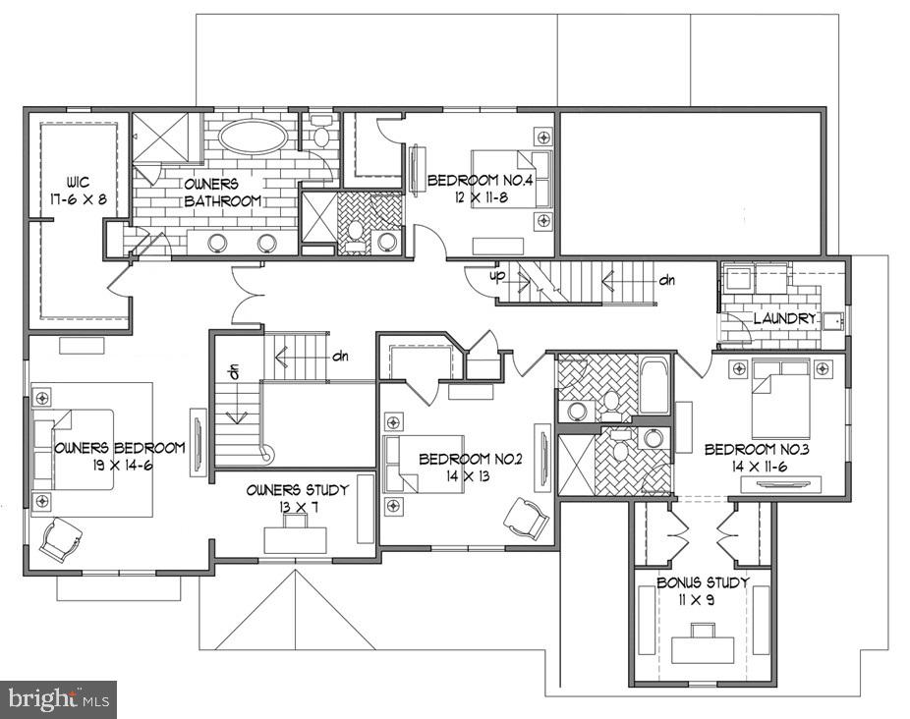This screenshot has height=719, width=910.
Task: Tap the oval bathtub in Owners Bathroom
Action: (x=253, y=137)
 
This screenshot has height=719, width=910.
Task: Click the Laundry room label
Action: (x=784, y=319)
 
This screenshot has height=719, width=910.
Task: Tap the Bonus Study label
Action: (x=703, y=582)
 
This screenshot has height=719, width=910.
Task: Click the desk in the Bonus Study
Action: (x=703, y=648)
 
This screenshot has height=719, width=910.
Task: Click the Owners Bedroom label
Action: (x=120, y=448)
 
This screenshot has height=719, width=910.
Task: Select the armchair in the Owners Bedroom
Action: (x=61, y=539)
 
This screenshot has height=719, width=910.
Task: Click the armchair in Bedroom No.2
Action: (x=527, y=518)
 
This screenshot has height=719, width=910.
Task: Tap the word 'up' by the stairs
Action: (x=499, y=277)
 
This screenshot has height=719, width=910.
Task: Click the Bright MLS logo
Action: (x=58, y=699)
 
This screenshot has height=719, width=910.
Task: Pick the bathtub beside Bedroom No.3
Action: (x=654, y=386)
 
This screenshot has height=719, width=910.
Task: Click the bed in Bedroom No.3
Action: (x=781, y=398)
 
